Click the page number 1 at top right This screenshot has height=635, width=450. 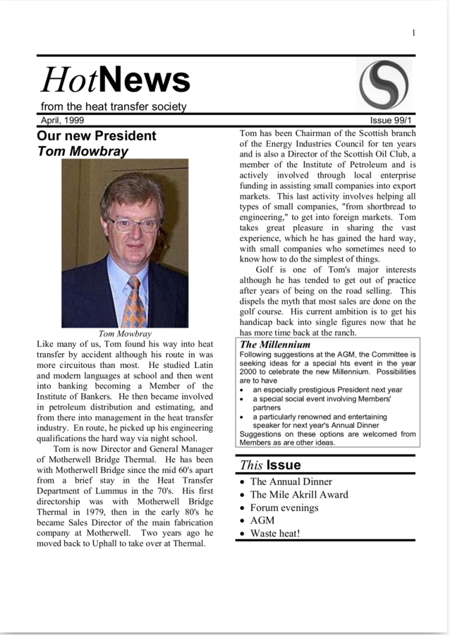413,33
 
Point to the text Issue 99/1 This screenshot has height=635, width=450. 393,120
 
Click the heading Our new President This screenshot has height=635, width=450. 96,135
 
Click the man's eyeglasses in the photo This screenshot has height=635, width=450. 133,225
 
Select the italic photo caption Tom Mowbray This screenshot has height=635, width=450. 125,333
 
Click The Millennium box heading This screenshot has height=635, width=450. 275,345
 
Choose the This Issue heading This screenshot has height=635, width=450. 270,464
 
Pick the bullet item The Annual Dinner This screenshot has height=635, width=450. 291,482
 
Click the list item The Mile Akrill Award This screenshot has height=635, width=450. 298,495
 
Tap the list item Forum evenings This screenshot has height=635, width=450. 284,507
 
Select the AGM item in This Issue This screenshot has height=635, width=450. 262,520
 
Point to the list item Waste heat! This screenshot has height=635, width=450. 274,533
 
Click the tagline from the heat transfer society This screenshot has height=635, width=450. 114,106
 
